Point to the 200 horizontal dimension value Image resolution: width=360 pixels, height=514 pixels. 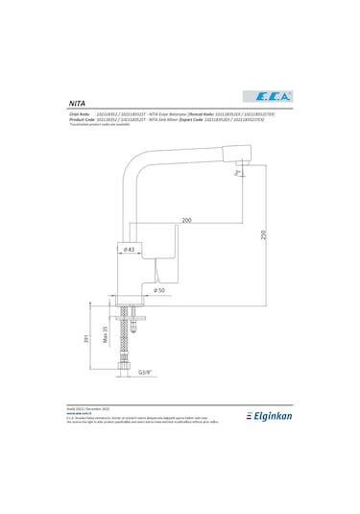(x=185, y=220)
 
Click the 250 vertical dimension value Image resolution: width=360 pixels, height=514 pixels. (x=263, y=236)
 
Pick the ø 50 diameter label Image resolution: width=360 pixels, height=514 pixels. (x=158, y=288)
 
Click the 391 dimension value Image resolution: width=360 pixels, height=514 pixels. (x=86, y=338)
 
